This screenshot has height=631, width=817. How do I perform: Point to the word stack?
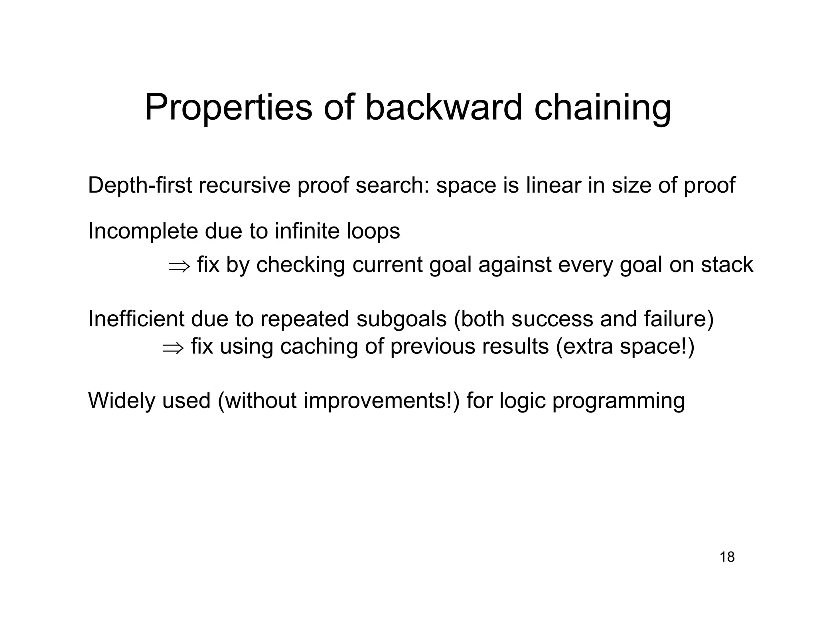pos(727,264)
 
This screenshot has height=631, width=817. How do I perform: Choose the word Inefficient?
pos(136,319)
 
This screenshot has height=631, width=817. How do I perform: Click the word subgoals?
pos(401,319)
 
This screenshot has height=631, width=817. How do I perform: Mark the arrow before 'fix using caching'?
pos(173,348)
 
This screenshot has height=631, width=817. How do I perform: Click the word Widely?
pos(121,400)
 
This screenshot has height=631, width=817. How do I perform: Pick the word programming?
pos(618,401)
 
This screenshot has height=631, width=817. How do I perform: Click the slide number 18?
pos(727,557)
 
